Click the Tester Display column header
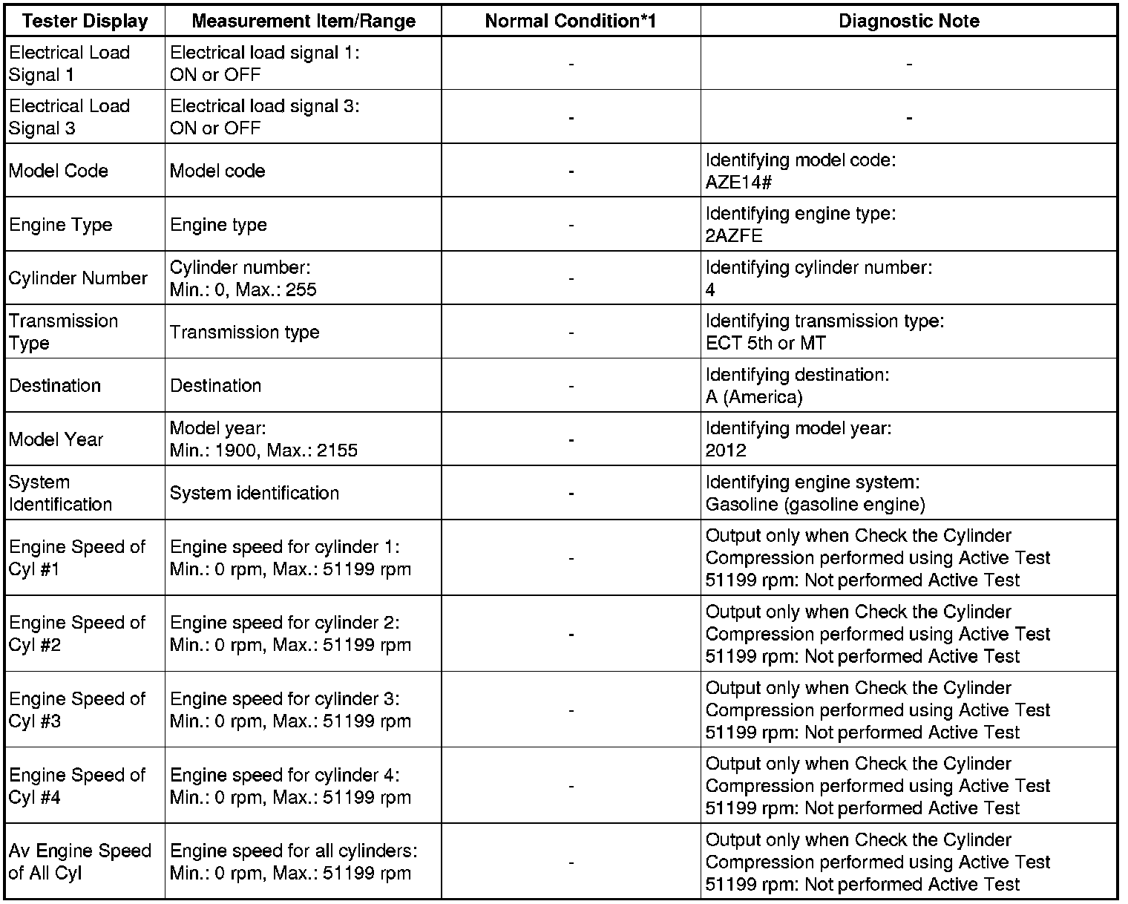click(x=85, y=21)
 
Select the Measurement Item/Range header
click(x=303, y=21)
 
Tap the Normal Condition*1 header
click(x=571, y=21)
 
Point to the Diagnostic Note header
click(x=908, y=21)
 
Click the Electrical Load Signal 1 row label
click(x=69, y=64)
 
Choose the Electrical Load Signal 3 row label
click(x=69, y=117)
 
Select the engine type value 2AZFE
click(x=734, y=236)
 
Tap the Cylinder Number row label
click(x=78, y=278)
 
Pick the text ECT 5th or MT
click(x=765, y=343)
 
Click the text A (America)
click(x=754, y=397)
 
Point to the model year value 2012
click(x=726, y=451)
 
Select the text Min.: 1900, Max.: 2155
click(x=263, y=451)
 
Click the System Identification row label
click(x=60, y=493)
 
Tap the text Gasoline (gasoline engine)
click(x=815, y=505)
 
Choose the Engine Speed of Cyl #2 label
click(x=77, y=634)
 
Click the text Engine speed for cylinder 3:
click(x=284, y=699)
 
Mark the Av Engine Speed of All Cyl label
click(x=79, y=862)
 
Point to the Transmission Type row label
click(x=63, y=332)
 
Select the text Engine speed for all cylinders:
click(x=293, y=851)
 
